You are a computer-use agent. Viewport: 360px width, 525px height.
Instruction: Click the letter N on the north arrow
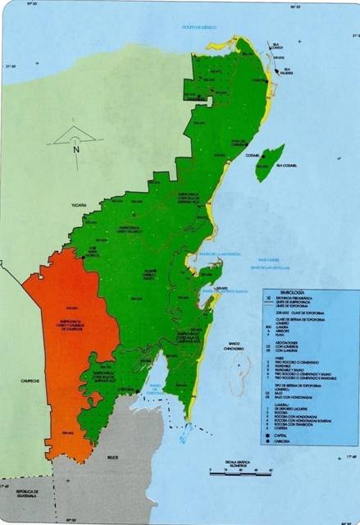click(75, 149)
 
